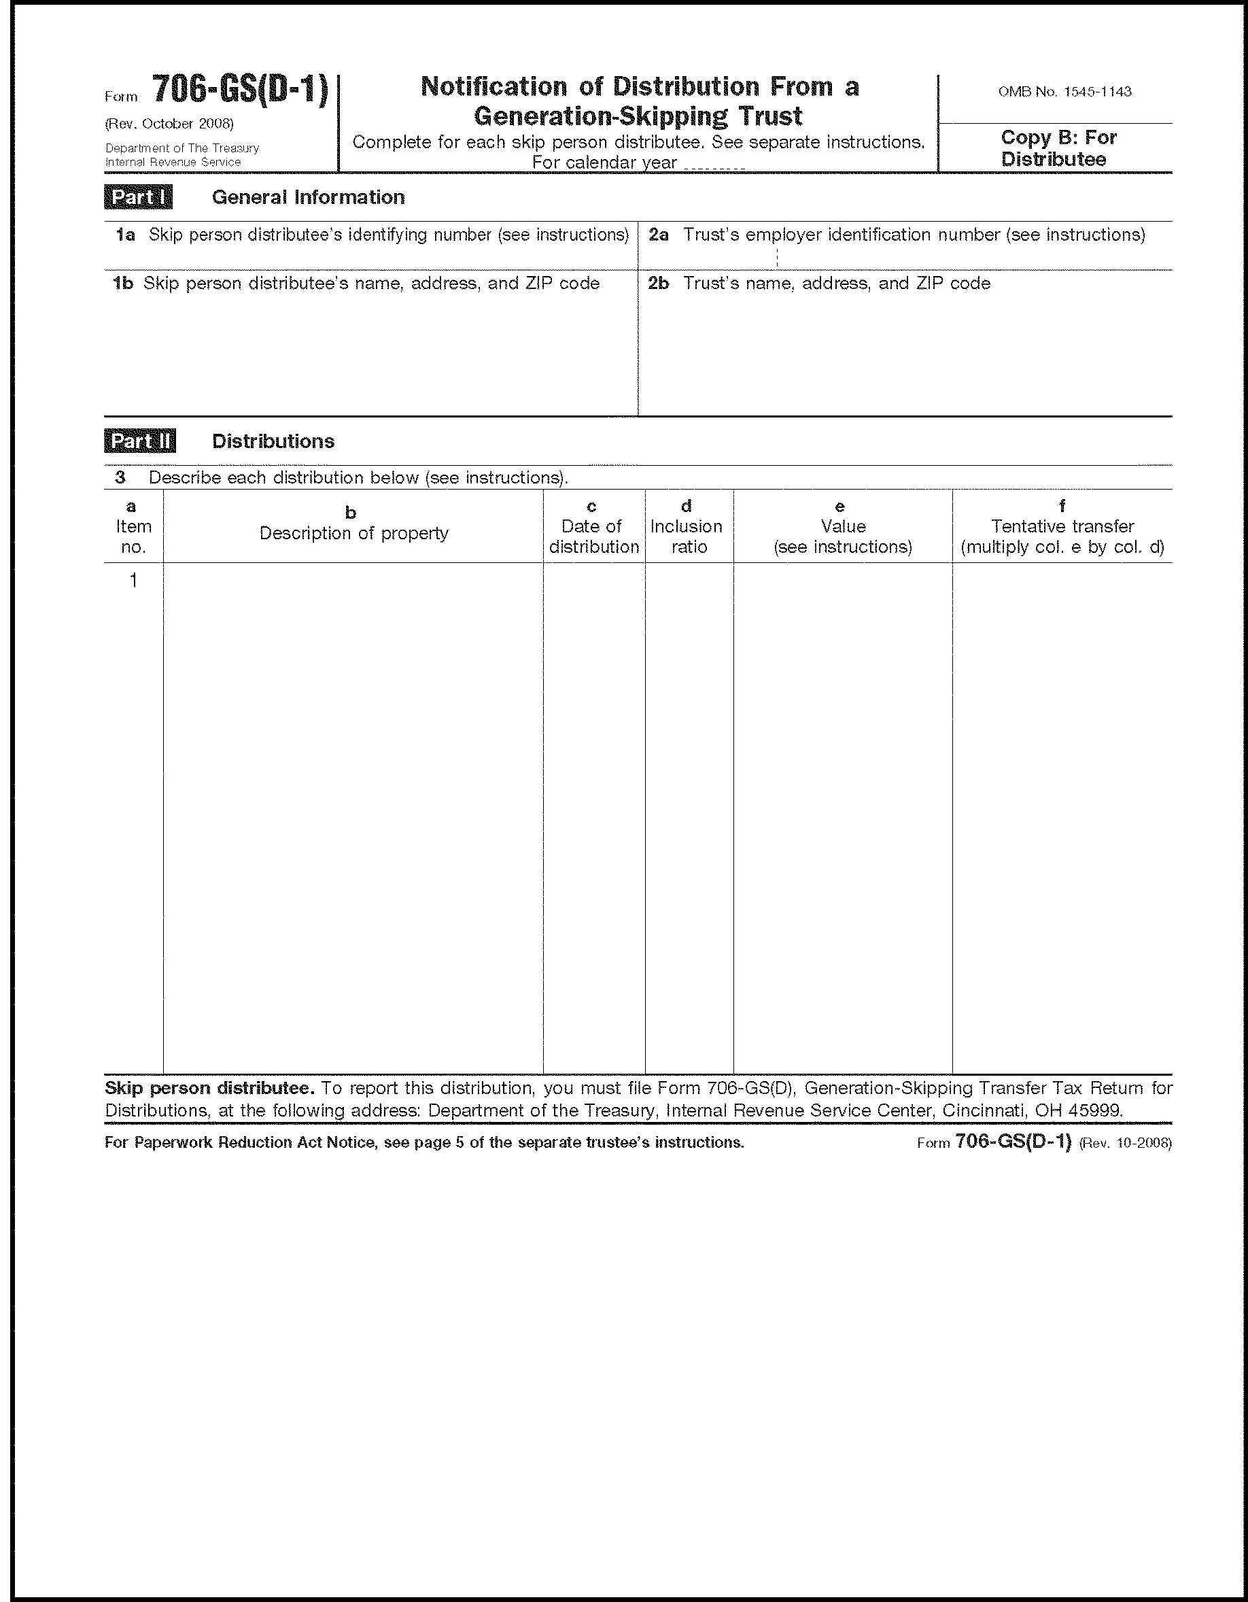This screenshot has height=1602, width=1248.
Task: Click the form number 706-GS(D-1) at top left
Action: click(240, 91)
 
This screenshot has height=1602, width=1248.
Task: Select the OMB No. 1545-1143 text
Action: click(1064, 92)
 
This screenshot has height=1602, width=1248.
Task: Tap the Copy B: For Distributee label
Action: click(1058, 148)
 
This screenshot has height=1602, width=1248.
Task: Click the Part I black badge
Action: click(138, 197)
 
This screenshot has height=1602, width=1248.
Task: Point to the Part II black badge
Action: click(139, 441)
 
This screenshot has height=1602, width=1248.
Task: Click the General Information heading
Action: click(308, 197)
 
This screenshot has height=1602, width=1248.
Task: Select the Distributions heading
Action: click(273, 441)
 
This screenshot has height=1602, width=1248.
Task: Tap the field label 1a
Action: click(125, 235)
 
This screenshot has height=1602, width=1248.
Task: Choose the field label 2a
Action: click(658, 235)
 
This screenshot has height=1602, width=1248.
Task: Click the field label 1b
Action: click(122, 283)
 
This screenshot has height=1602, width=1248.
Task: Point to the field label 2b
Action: click(658, 283)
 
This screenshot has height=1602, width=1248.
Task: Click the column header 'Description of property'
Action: click(353, 533)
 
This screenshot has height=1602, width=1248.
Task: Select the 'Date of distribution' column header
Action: click(593, 536)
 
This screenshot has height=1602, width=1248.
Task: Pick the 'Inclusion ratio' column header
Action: click(687, 536)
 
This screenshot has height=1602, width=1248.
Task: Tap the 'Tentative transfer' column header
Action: click(1062, 527)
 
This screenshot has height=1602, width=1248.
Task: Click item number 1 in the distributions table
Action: click(133, 581)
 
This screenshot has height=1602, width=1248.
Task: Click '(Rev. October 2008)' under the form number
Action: click(169, 123)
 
